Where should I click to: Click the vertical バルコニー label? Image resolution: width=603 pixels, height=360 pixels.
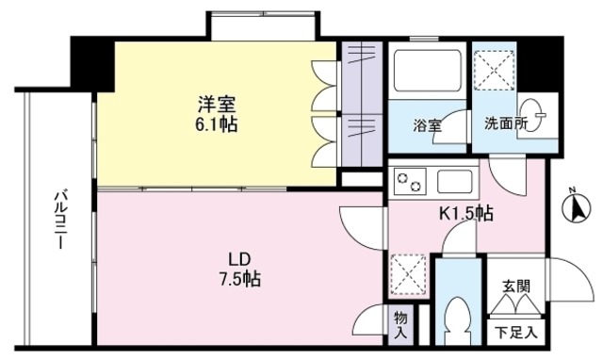click(57, 219)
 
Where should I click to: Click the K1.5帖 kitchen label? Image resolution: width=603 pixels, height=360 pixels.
click(466, 213)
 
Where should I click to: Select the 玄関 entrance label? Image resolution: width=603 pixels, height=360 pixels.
click(515, 286)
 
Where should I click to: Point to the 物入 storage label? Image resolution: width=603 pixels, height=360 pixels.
click(399, 325)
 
